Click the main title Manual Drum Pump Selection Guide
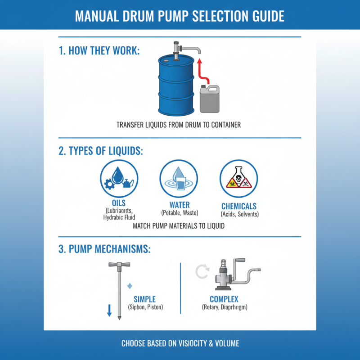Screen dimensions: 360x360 pyautogui.click(x=180, y=15)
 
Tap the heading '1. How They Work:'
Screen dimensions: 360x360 pyautogui.click(x=99, y=50)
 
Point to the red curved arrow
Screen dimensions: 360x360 pyautogui.click(x=201, y=72)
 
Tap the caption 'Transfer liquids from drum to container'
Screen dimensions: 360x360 pyautogui.click(x=179, y=125)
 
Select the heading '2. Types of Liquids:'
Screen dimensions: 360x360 pyautogui.click(x=101, y=151)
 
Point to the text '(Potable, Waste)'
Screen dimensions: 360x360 pyautogui.click(x=180, y=213)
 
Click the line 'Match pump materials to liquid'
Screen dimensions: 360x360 pyautogui.click(x=179, y=226)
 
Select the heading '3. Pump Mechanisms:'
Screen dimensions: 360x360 pyautogui.click(x=104, y=249)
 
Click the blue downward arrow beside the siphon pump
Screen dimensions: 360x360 pyautogui.click(x=109, y=310)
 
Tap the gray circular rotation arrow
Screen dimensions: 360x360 pyautogui.click(x=201, y=271)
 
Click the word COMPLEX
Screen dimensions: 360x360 pyautogui.click(x=224, y=299)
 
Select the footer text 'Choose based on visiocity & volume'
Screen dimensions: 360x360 pyautogui.click(x=180, y=343)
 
